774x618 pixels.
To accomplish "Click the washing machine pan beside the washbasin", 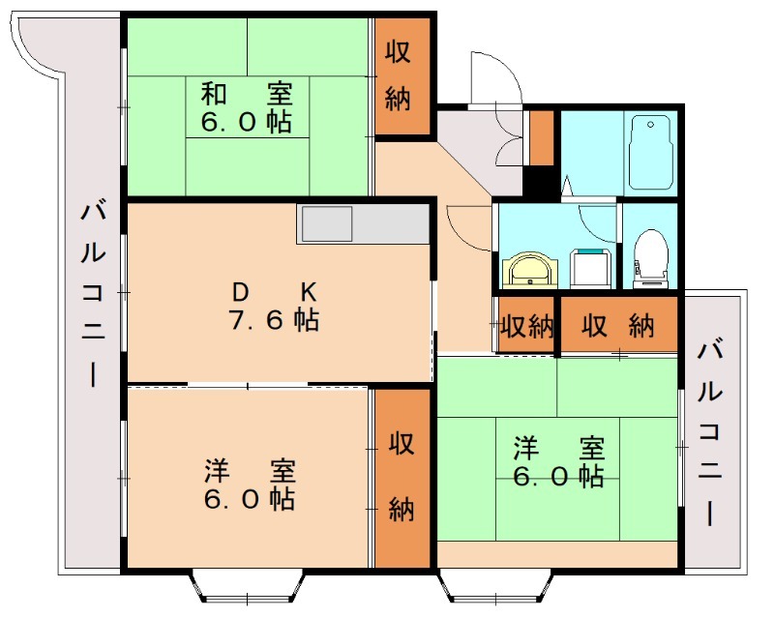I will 588,267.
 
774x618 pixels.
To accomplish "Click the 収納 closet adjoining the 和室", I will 400,76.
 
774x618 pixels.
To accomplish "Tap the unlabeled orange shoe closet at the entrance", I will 541,138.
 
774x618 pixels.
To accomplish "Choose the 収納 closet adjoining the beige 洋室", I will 402,477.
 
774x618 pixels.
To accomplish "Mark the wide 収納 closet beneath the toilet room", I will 618,327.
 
